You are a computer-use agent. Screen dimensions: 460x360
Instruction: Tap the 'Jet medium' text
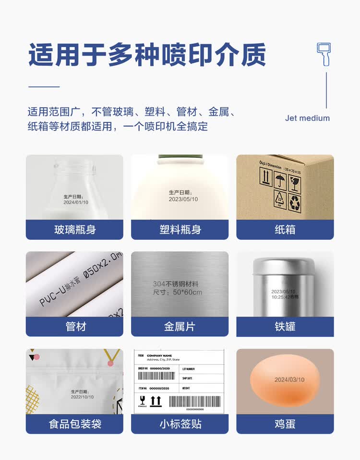(307, 118)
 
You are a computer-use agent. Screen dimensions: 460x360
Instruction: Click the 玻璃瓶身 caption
(74, 230)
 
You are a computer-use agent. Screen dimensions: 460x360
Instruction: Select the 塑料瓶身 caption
(180, 230)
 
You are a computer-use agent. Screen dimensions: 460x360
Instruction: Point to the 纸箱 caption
(285, 230)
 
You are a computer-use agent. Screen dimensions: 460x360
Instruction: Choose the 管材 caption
(74, 327)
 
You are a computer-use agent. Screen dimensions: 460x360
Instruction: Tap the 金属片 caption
(180, 327)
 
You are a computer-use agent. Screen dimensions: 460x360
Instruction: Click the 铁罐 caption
(285, 327)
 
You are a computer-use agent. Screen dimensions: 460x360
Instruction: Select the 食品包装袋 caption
(74, 424)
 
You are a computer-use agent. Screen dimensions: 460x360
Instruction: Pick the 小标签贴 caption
(180, 424)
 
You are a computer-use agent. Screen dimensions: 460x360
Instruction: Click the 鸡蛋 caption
(285, 424)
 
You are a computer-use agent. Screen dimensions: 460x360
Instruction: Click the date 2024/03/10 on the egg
(289, 379)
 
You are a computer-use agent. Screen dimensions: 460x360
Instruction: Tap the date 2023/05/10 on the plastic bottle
(183, 199)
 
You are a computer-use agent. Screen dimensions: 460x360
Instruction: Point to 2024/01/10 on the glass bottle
(76, 202)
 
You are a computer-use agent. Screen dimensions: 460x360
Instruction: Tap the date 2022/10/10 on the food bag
(82, 397)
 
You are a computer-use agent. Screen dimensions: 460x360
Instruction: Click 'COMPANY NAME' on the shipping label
(159, 355)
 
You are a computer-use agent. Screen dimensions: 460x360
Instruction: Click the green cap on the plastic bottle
(180, 156)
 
